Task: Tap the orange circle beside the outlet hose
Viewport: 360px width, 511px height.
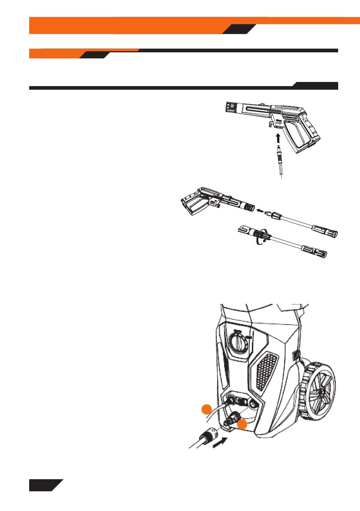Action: click(207, 410)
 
